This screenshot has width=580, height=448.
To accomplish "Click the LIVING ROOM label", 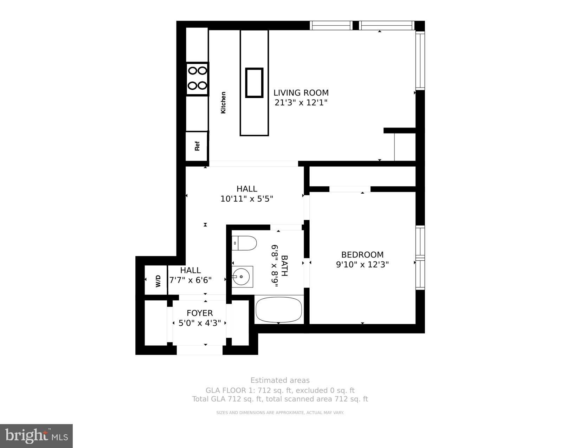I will (x=301, y=93).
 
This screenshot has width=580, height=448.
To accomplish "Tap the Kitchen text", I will (x=223, y=103).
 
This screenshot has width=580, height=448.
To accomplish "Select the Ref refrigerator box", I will (x=197, y=146).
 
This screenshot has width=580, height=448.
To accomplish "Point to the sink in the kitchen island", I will (x=254, y=83).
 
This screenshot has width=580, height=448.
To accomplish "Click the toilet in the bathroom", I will (x=245, y=243).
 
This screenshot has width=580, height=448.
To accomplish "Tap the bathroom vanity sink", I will (x=242, y=277).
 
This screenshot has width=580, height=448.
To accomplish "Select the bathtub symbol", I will (x=279, y=309).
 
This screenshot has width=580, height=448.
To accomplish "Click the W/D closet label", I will (x=158, y=281).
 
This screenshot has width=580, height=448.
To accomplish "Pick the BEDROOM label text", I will (x=362, y=255).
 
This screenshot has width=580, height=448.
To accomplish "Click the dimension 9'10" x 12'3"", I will (x=362, y=265).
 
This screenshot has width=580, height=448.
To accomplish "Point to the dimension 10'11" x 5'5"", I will (x=247, y=199).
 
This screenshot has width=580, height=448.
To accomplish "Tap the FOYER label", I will (x=200, y=313).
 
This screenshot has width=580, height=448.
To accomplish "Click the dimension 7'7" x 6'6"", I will (x=191, y=280).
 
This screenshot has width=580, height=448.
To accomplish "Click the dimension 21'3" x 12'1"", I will (x=301, y=103).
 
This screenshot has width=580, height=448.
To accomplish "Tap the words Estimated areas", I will (x=280, y=380).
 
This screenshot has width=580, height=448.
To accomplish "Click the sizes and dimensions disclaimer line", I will (x=280, y=413).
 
